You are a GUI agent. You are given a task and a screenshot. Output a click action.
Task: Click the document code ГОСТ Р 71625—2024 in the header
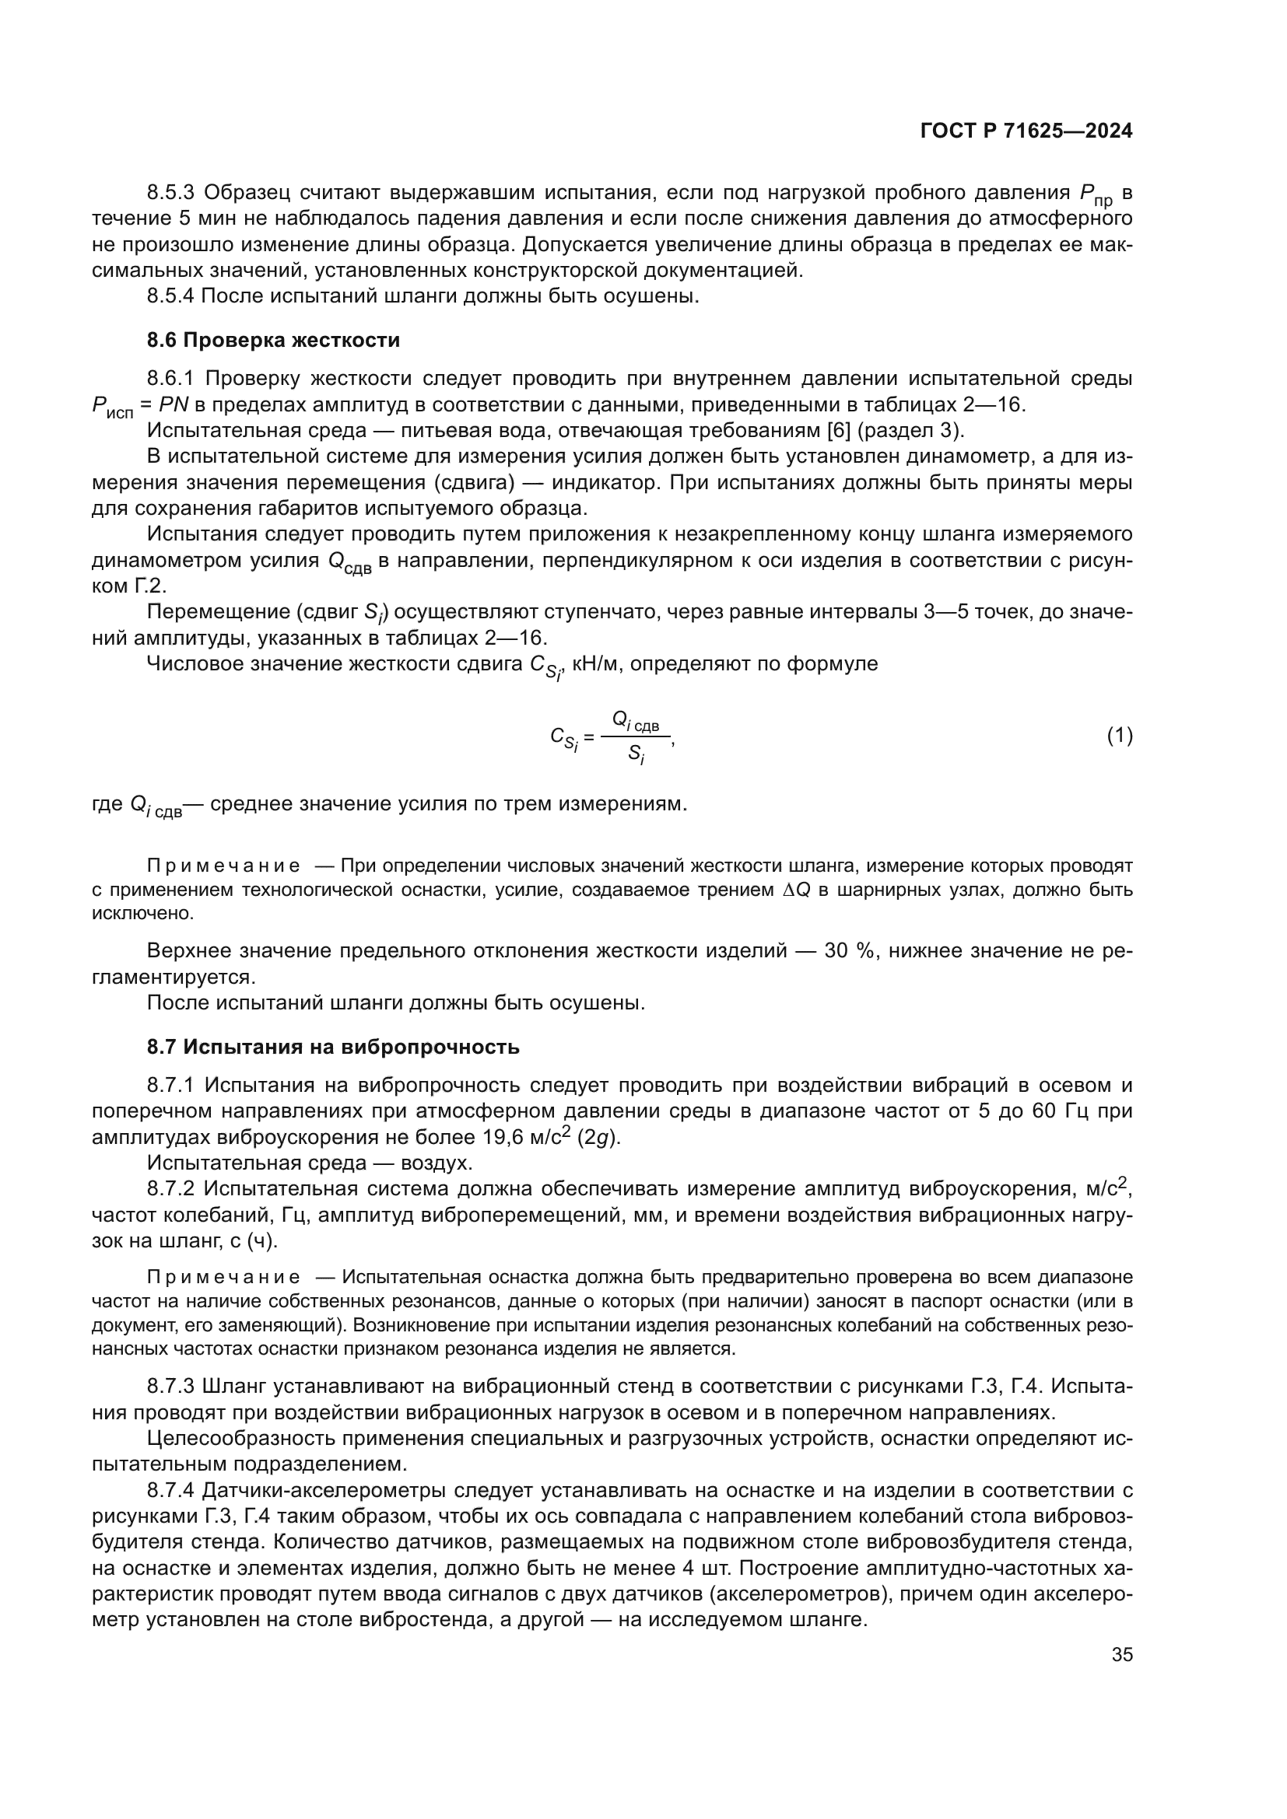tap(1026, 131)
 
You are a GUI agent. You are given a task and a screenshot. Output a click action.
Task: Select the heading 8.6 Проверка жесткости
tap(273, 341)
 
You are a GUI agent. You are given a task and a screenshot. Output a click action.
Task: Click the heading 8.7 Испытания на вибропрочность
tap(333, 1047)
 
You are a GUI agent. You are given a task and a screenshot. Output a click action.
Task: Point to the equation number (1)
tap(1119, 736)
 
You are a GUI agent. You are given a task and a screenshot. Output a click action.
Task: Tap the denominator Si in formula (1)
tap(636, 754)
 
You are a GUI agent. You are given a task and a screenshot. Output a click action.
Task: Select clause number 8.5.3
tap(170, 193)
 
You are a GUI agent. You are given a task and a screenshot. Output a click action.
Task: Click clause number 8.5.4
tap(170, 296)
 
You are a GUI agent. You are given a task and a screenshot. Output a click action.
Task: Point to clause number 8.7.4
tap(170, 1490)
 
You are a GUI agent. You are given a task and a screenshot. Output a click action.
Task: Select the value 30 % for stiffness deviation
tap(848, 950)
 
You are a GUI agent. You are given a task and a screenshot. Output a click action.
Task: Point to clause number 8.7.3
tap(170, 1387)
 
